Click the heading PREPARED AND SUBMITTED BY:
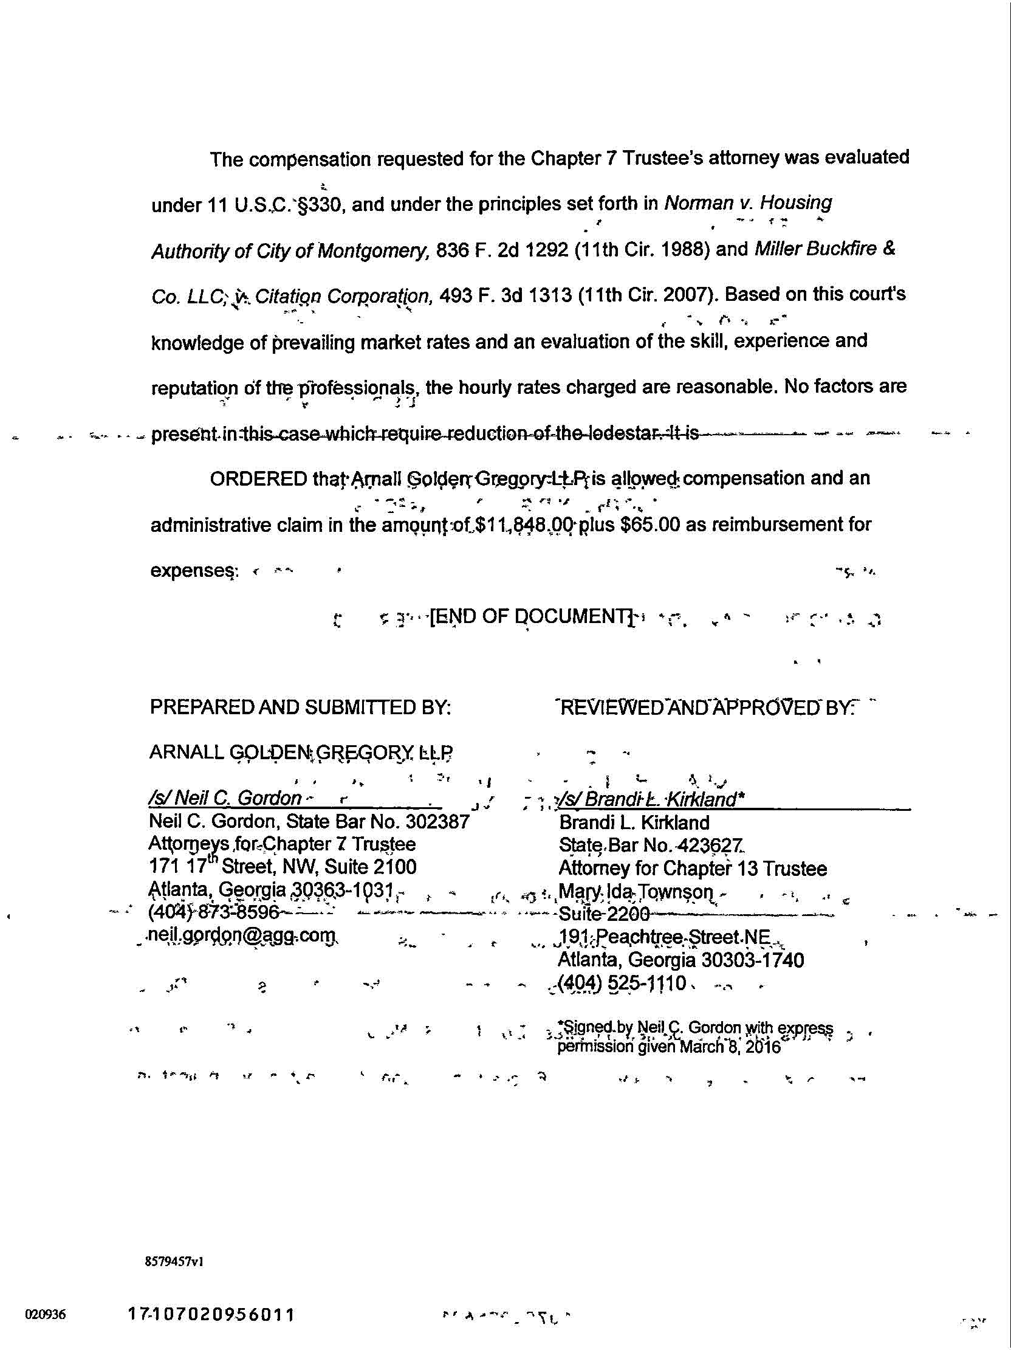coord(300,707)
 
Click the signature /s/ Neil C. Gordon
coord(225,797)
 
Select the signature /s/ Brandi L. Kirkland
coord(646,799)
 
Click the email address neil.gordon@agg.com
coord(242,935)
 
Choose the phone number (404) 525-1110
coord(622,983)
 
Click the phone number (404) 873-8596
coord(213,912)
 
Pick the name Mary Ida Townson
coord(635,892)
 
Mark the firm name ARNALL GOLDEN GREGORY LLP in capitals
coord(301,752)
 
